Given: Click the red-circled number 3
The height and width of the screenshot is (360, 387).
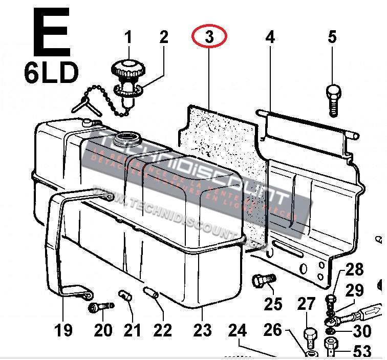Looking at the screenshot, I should [x=209, y=37].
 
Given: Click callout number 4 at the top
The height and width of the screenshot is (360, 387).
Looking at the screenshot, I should [x=270, y=37].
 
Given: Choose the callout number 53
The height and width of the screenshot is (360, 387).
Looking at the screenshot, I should [x=362, y=351].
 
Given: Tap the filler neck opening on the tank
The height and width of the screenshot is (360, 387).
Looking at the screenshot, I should [x=127, y=138].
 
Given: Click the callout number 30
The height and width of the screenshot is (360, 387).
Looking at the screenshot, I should [x=362, y=331].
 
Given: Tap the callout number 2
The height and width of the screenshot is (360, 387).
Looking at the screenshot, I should [x=164, y=37].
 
